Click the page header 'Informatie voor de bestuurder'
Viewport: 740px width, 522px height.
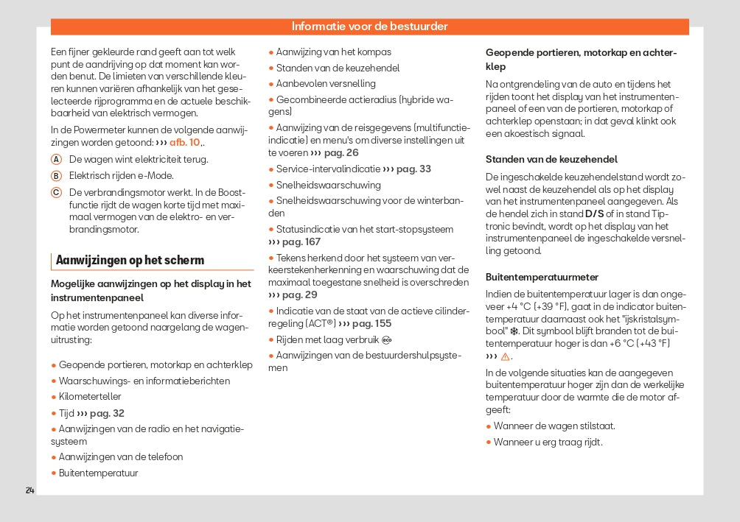pyautogui.click(x=369, y=27)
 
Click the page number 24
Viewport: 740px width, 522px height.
pyautogui.click(x=29, y=490)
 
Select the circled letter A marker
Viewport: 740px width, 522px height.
pyautogui.click(x=56, y=159)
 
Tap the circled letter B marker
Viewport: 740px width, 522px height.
pyautogui.click(x=56, y=175)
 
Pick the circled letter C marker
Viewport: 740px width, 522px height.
pyautogui.click(x=56, y=192)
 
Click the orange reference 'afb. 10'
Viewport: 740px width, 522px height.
pyautogui.click(x=184, y=143)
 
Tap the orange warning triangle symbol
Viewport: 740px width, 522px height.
pyautogui.click(x=506, y=357)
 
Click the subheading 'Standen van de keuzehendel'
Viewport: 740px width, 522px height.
pyautogui.click(x=551, y=159)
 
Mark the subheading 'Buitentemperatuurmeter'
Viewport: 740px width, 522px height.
pyautogui.click(x=542, y=277)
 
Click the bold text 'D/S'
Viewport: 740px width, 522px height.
pyautogui.click(x=594, y=214)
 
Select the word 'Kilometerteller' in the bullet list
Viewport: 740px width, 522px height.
pyautogui.click(x=90, y=397)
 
